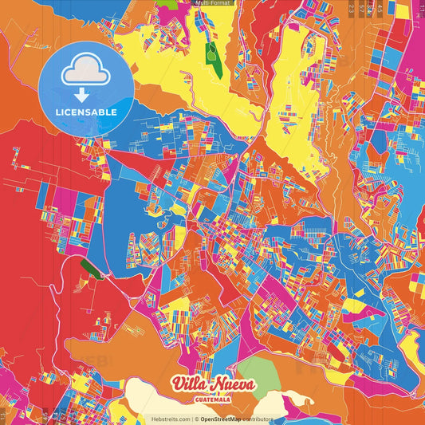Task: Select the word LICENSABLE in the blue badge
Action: (x=85, y=112)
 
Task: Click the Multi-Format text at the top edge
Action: (x=212, y=4)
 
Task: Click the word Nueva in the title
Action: (x=233, y=385)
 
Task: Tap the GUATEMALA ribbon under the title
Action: (x=212, y=401)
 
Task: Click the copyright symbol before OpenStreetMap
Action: (x=197, y=419)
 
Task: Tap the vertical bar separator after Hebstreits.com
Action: (x=192, y=419)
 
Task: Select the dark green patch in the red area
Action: (x=92, y=269)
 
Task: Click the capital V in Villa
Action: (x=177, y=384)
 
